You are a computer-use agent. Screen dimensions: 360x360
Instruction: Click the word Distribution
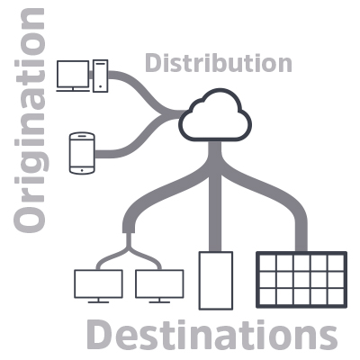[219, 63]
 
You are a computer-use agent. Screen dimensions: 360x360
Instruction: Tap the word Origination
[30, 121]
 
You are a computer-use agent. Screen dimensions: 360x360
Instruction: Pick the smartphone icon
[82, 153]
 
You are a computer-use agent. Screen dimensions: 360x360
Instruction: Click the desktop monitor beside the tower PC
[73, 76]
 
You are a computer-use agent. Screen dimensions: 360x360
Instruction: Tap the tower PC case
[100, 76]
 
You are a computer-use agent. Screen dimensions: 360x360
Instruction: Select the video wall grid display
[301, 280]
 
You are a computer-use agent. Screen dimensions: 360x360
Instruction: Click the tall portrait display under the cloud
[216, 281]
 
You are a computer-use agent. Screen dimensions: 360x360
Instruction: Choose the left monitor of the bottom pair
[98, 284]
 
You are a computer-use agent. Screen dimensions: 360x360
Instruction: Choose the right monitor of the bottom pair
[159, 284]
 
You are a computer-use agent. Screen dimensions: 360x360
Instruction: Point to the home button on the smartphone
[82, 170]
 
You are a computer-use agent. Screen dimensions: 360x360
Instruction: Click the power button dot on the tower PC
[100, 86]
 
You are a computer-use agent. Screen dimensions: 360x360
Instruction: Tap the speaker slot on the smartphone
[82, 136]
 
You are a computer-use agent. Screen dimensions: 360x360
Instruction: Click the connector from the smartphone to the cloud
[139, 138]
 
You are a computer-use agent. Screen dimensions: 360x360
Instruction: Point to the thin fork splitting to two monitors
[129, 251]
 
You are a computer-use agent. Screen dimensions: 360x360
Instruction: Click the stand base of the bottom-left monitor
[98, 301]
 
